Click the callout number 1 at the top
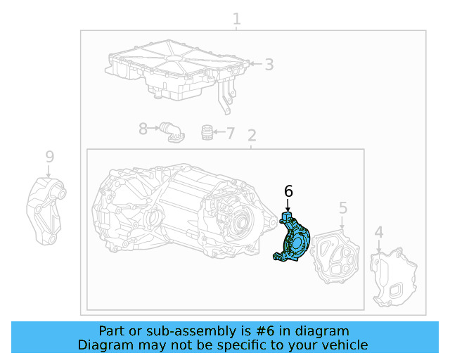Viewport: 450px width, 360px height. coord(237,18)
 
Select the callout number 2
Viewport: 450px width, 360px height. coord(251,135)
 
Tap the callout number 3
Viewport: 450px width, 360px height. coord(269,65)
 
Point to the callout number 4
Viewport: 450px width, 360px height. coord(378,233)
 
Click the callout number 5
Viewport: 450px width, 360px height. coord(342,207)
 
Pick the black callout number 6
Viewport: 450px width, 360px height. coord(288,191)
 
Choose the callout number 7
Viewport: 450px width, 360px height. coord(230,132)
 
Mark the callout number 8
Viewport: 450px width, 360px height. coord(143,129)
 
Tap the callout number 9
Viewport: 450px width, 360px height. coord(49,156)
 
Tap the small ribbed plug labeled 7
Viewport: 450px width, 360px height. coord(207,132)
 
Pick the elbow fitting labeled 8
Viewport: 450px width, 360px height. coord(170,131)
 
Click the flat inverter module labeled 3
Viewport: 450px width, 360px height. coord(176,70)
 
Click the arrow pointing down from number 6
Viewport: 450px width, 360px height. coord(288,205)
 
